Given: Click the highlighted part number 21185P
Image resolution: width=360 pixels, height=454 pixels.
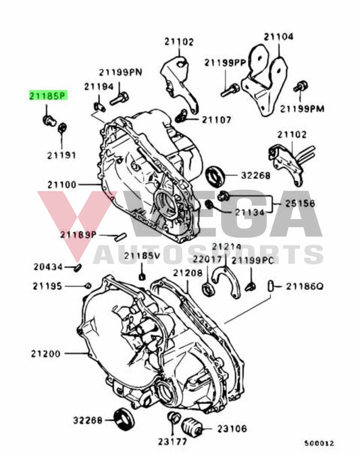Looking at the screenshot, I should [48, 96].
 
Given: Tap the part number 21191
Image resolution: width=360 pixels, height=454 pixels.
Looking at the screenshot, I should [61, 155].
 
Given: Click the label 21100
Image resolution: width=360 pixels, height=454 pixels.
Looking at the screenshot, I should [63, 184].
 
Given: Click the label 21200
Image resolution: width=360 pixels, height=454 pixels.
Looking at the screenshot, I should [45, 353].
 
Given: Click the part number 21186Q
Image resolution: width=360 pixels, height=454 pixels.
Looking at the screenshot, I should [305, 286].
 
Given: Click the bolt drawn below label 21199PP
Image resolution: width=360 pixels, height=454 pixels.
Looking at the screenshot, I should [229, 88].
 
